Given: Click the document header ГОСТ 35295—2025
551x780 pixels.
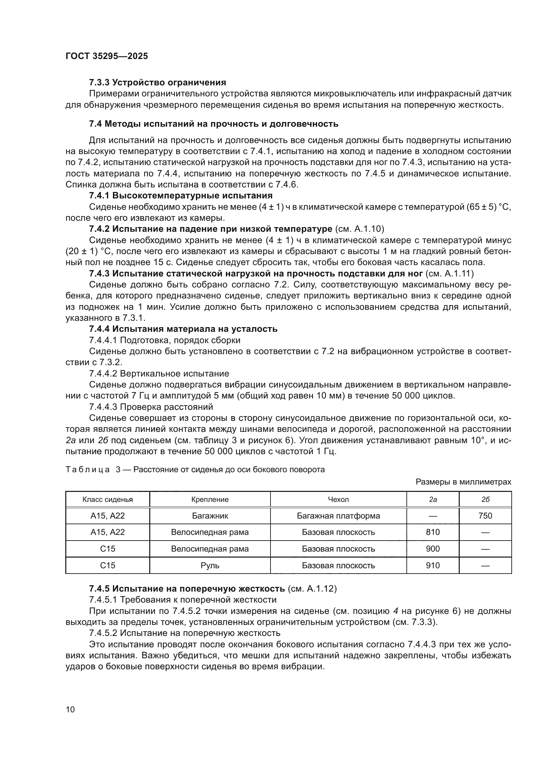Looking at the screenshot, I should pyautogui.click(x=107, y=56).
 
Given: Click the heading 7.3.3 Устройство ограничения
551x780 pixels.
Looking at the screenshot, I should pyautogui.click(x=158, y=83).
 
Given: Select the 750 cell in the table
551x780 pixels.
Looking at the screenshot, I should pyautogui.click(x=485, y=516).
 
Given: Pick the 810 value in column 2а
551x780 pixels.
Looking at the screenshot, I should pyautogui.click(x=433, y=532).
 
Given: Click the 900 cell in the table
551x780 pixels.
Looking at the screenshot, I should pyautogui.click(x=433, y=549).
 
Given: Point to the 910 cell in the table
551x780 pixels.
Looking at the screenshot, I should pyautogui.click(x=433, y=565).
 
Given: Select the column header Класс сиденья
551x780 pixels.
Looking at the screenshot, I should pyautogui.click(x=108, y=500).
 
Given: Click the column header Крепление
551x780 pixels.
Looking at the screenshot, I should pyautogui.click(x=210, y=500).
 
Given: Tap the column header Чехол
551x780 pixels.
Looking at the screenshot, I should pyautogui.click(x=338, y=500).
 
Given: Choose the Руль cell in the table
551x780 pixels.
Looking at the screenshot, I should pyautogui.click(x=210, y=565).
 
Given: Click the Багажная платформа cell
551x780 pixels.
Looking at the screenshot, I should pyautogui.click(x=338, y=516).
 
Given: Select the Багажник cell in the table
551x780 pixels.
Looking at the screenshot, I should pyautogui.click(x=210, y=516).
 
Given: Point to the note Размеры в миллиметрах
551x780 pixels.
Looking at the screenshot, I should pyautogui.click(x=463, y=482).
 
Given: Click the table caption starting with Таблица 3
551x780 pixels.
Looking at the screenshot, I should pyautogui.click(x=195, y=470).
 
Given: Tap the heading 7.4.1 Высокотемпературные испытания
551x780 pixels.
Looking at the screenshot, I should pyautogui.click(x=181, y=196).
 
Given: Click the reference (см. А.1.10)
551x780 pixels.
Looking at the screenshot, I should pyautogui.click(x=359, y=229).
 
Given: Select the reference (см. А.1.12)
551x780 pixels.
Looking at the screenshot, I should pyautogui.click(x=312, y=589).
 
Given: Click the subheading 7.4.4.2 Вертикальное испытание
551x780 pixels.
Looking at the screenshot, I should pyautogui.click(x=159, y=374).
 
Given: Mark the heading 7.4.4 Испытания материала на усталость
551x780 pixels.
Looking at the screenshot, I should pyautogui.click(x=183, y=329).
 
